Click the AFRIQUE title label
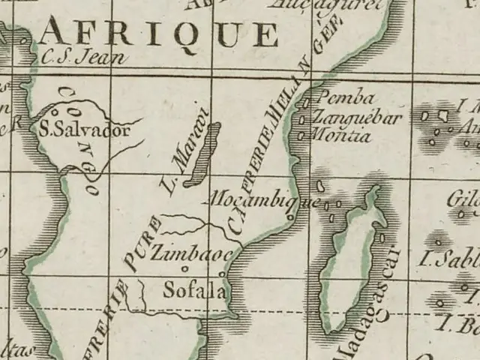[x=159, y=32]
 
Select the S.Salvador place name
[x=85, y=129]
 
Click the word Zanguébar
[x=357, y=117]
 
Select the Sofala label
[x=194, y=289]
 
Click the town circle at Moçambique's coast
[x=290, y=217]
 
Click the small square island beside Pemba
[x=306, y=101]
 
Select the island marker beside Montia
[x=301, y=136]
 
